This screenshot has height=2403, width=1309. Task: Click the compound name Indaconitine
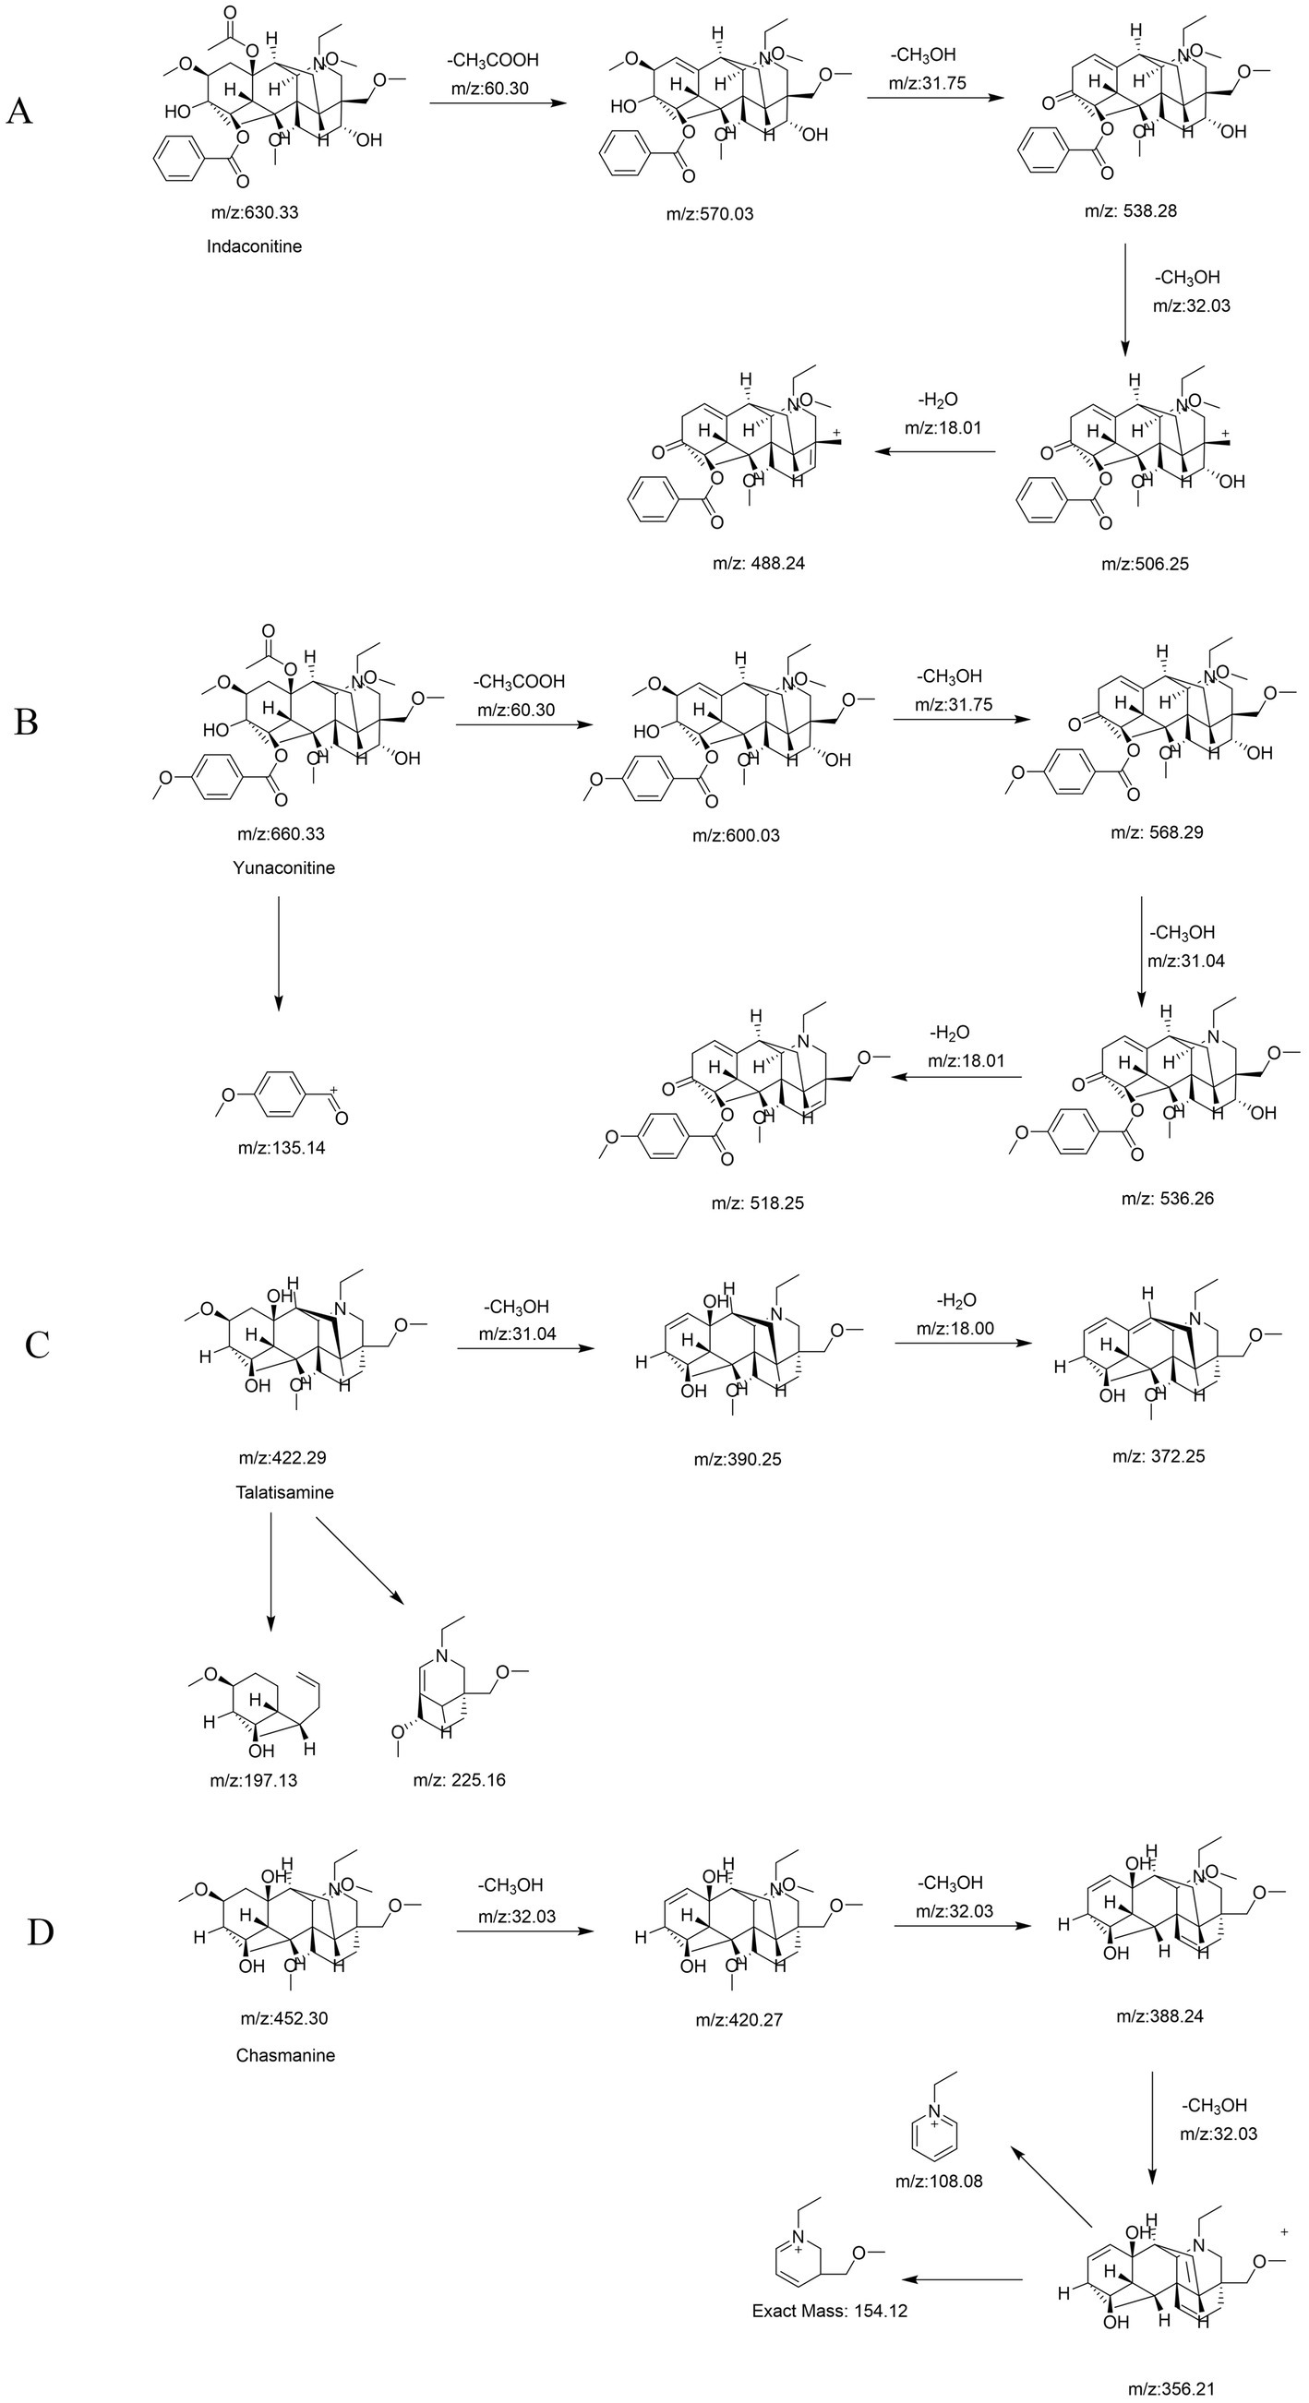click(x=254, y=246)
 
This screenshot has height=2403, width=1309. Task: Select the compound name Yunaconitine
click(x=283, y=867)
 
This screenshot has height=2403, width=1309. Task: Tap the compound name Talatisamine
click(x=284, y=1491)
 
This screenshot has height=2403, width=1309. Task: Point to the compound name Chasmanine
click(x=285, y=2055)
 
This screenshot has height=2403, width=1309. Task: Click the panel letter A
click(x=20, y=112)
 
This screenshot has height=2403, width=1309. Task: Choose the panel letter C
click(x=37, y=1345)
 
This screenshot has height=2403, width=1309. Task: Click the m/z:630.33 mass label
click(x=254, y=212)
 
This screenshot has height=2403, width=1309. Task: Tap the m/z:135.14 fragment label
click(x=281, y=1147)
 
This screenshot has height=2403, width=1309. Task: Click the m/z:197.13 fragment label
click(x=253, y=1780)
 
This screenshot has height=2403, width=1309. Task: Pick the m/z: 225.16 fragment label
click(x=459, y=1780)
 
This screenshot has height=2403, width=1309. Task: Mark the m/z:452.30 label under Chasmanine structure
click(x=283, y=2019)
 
